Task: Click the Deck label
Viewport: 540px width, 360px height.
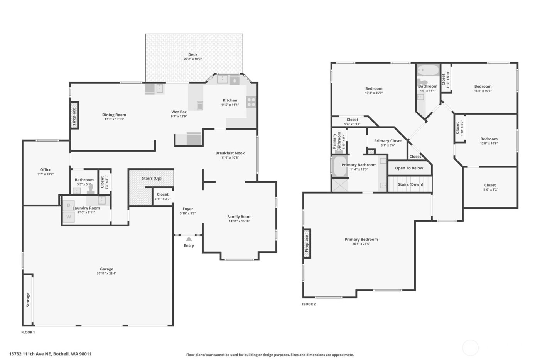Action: tap(193, 54)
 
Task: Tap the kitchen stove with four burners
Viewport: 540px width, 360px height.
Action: tap(251, 102)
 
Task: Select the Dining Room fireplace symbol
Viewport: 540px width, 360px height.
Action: tap(74, 115)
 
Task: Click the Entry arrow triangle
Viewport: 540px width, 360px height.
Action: tap(189, 239)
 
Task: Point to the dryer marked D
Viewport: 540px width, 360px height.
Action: tap(69, 205)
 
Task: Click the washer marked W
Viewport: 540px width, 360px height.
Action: tap(69, 217)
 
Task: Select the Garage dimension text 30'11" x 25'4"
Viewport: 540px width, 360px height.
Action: tap(106, 274)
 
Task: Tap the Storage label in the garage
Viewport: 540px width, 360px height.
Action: tap(28, 299)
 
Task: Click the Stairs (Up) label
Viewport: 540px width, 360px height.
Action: tap(152, 178)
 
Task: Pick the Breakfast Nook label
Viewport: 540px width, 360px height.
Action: tap(230, 153)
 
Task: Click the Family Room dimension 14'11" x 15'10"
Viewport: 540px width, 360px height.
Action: tap(239, 221)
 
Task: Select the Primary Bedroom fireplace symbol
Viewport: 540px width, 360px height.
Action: tap(307, 243)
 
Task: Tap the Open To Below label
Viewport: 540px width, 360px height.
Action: tap(409, 168)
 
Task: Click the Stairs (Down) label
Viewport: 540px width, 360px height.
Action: tap(410, 184)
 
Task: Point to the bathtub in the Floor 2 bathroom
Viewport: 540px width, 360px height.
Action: tap(428, 71)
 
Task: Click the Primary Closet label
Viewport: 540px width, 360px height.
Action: tap(388, 141)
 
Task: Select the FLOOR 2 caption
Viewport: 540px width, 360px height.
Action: tap(309, 304)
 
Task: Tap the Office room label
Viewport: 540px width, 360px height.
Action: tap(46, 170)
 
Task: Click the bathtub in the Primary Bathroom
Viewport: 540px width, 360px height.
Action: tap(340, 166)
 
